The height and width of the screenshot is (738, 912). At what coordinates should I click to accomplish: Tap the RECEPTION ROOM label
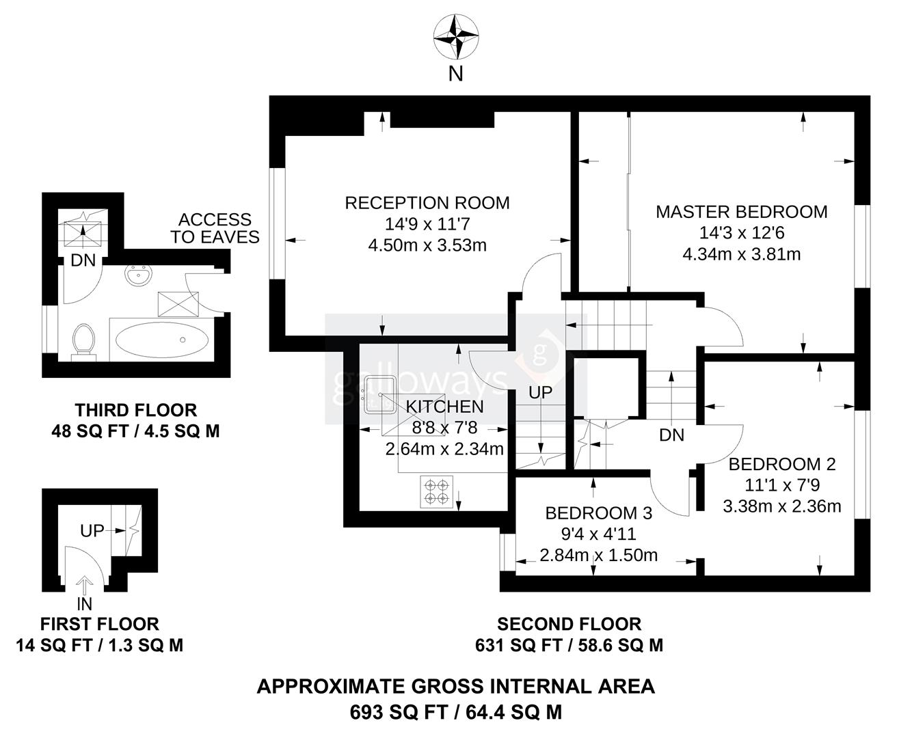[427, 203]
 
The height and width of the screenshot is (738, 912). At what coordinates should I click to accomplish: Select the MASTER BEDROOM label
[741, 212]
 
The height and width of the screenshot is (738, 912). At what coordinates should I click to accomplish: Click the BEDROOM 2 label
[781, 465]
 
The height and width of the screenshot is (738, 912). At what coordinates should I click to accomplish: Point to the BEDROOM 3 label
[598, 513]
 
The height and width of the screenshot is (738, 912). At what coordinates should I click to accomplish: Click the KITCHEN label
[444, 407]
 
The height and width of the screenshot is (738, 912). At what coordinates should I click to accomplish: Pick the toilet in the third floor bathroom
[83, 340]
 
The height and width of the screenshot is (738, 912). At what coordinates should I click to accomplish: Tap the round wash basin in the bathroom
[140, 277]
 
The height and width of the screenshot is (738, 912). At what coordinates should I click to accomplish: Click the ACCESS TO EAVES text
[215, 228]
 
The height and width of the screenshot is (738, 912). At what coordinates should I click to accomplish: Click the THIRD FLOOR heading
[135, 410]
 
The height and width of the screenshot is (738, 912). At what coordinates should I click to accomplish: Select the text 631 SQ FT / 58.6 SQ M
[569, 645]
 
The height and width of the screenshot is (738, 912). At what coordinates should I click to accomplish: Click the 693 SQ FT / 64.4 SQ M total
[455, 712]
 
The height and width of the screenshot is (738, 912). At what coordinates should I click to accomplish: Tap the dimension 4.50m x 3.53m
[427, 245]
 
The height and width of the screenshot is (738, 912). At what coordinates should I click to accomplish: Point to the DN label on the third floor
[83, 261]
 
